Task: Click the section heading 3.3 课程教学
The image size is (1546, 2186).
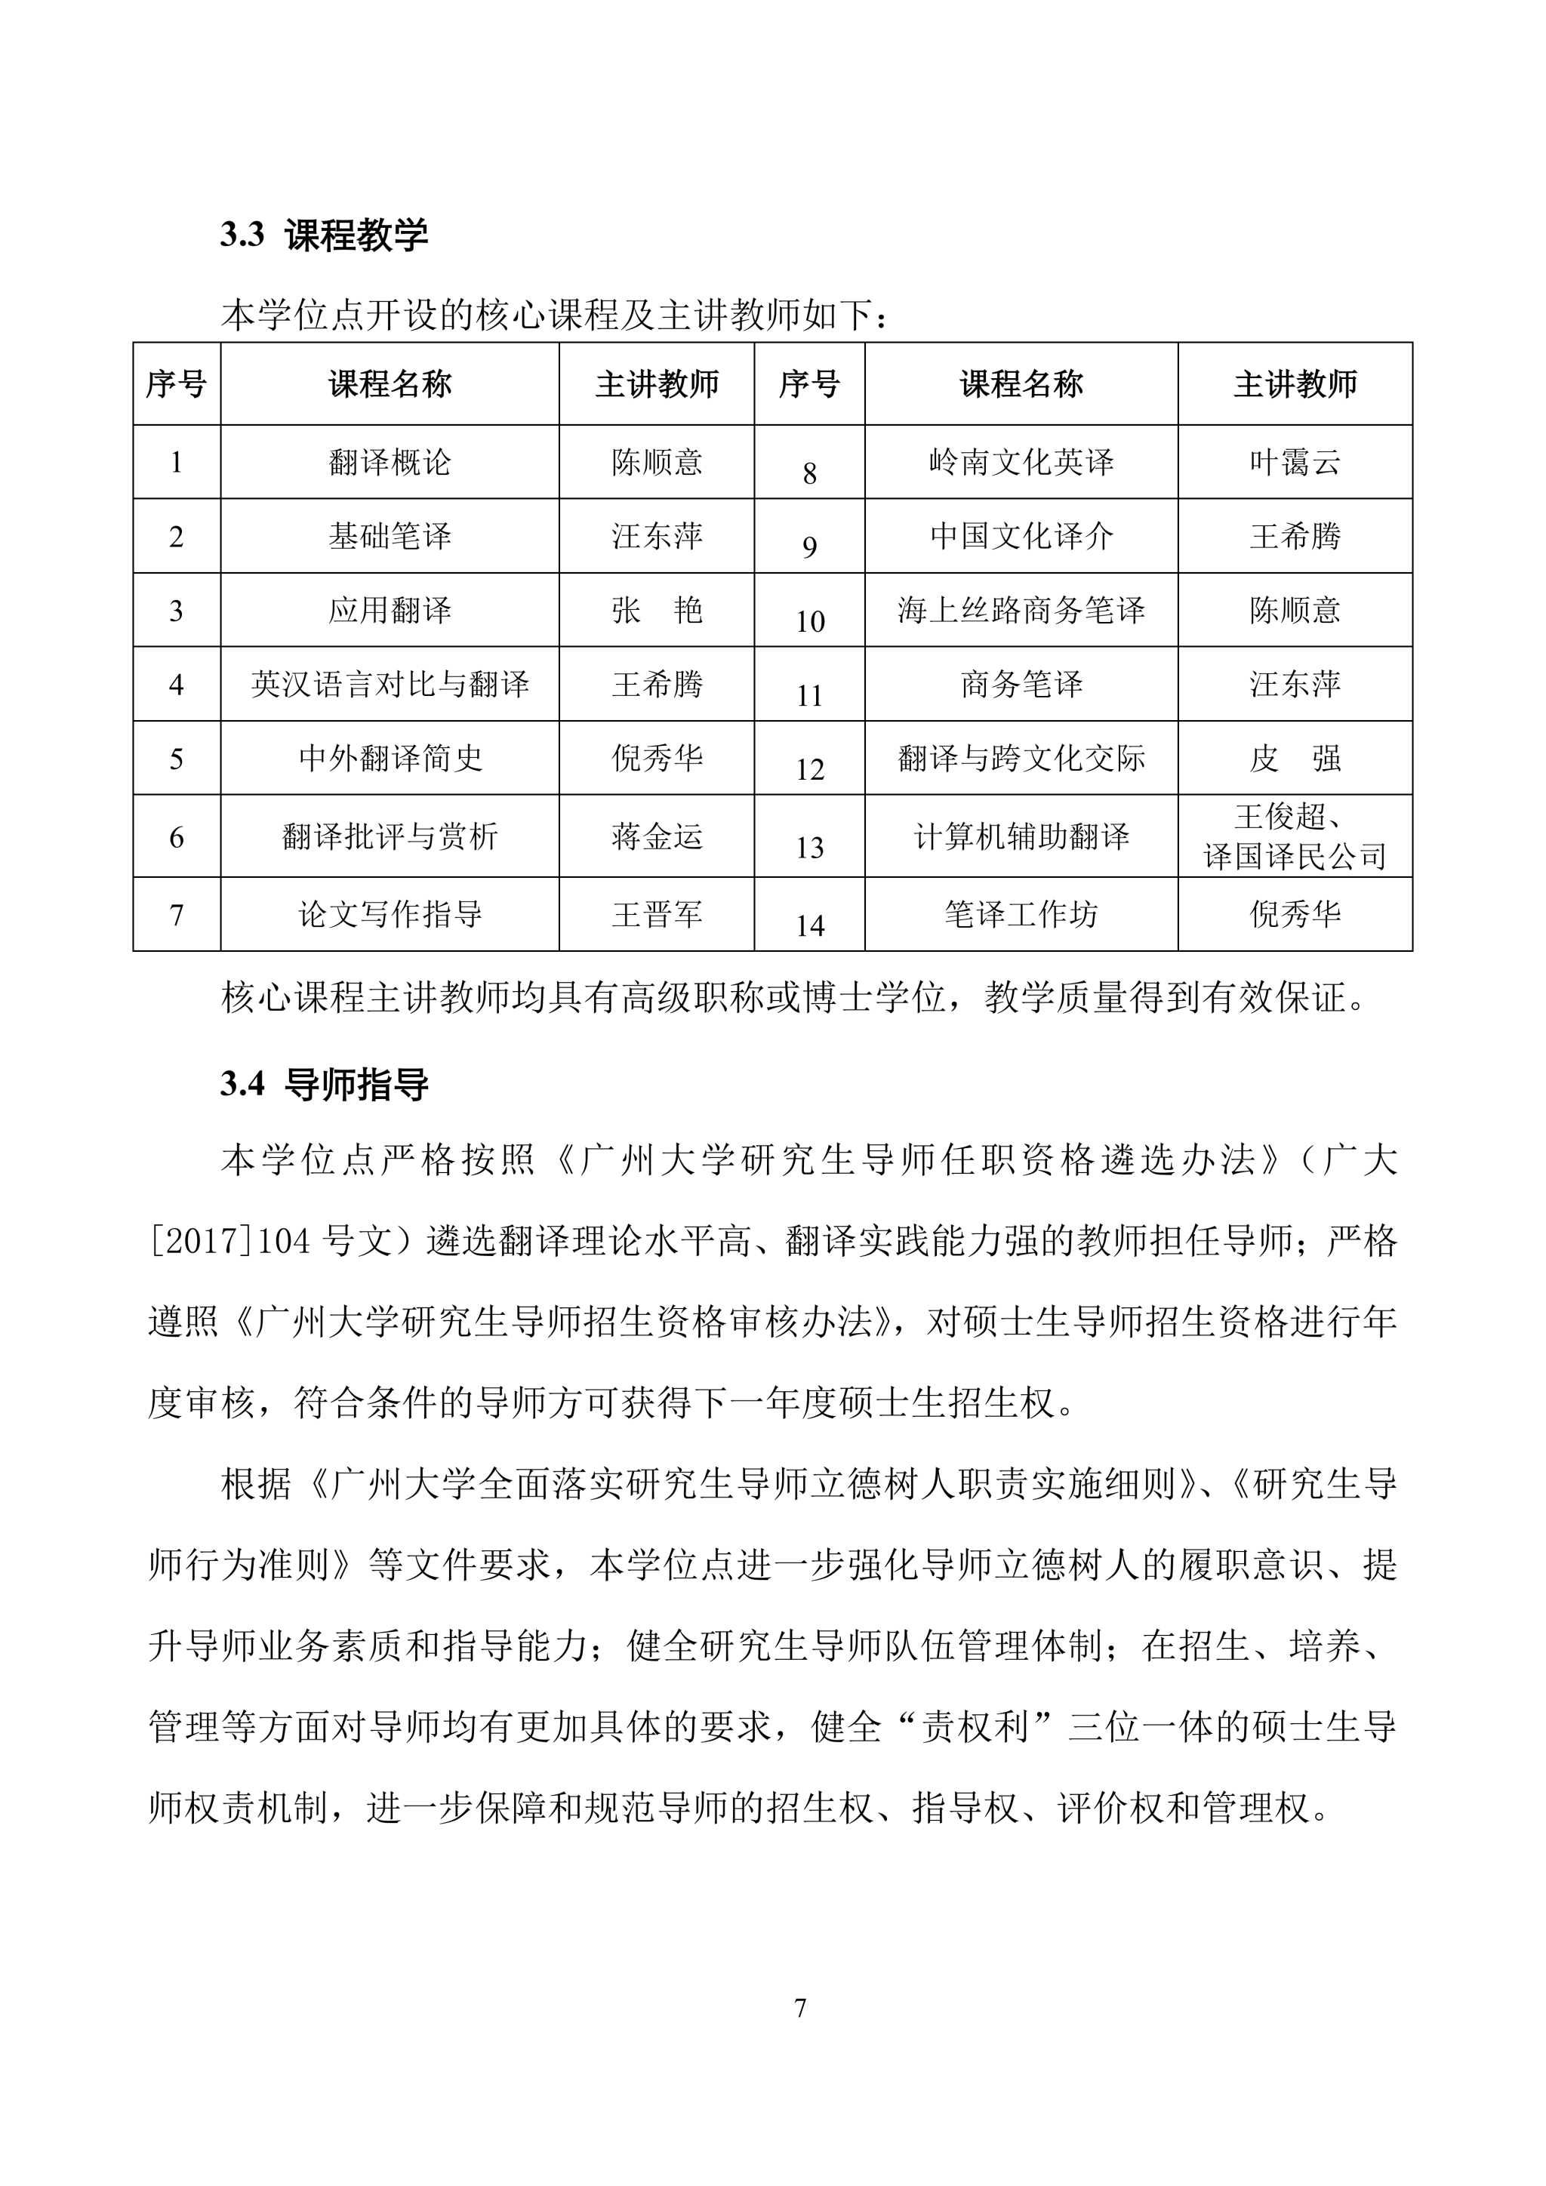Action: click(324, 236)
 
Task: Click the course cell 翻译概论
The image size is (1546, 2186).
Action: click(390, 463)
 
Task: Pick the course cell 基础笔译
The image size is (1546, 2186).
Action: click(390, 537)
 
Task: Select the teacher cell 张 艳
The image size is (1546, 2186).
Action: click(657, 611)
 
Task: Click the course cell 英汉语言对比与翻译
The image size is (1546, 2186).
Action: click(390, 685)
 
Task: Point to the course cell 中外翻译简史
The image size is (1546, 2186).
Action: click(390, 759)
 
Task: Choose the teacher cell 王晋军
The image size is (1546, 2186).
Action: click(657, 915)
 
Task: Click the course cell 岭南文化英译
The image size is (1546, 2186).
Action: click(1021, 463)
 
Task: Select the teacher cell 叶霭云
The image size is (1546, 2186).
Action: click(1295, 463)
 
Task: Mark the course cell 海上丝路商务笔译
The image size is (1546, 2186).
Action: click(1021, 611)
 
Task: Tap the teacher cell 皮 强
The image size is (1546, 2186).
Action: click(1295, 759)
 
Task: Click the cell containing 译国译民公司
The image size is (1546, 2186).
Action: click(1295, 857)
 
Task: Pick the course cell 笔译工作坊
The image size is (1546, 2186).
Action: click(1021, 915)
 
